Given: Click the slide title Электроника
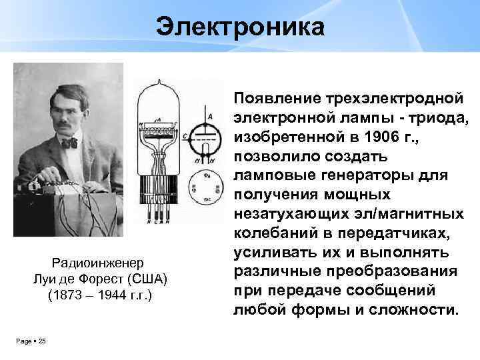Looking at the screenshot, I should pyautogui.click(x=240, y=28).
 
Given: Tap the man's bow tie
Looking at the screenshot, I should pyautogui.click(x=69, y=143).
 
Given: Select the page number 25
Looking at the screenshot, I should pyautogui.click(x=42, y=341).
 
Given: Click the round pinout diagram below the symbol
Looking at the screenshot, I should pyautogui.click(x=206, y=187).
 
